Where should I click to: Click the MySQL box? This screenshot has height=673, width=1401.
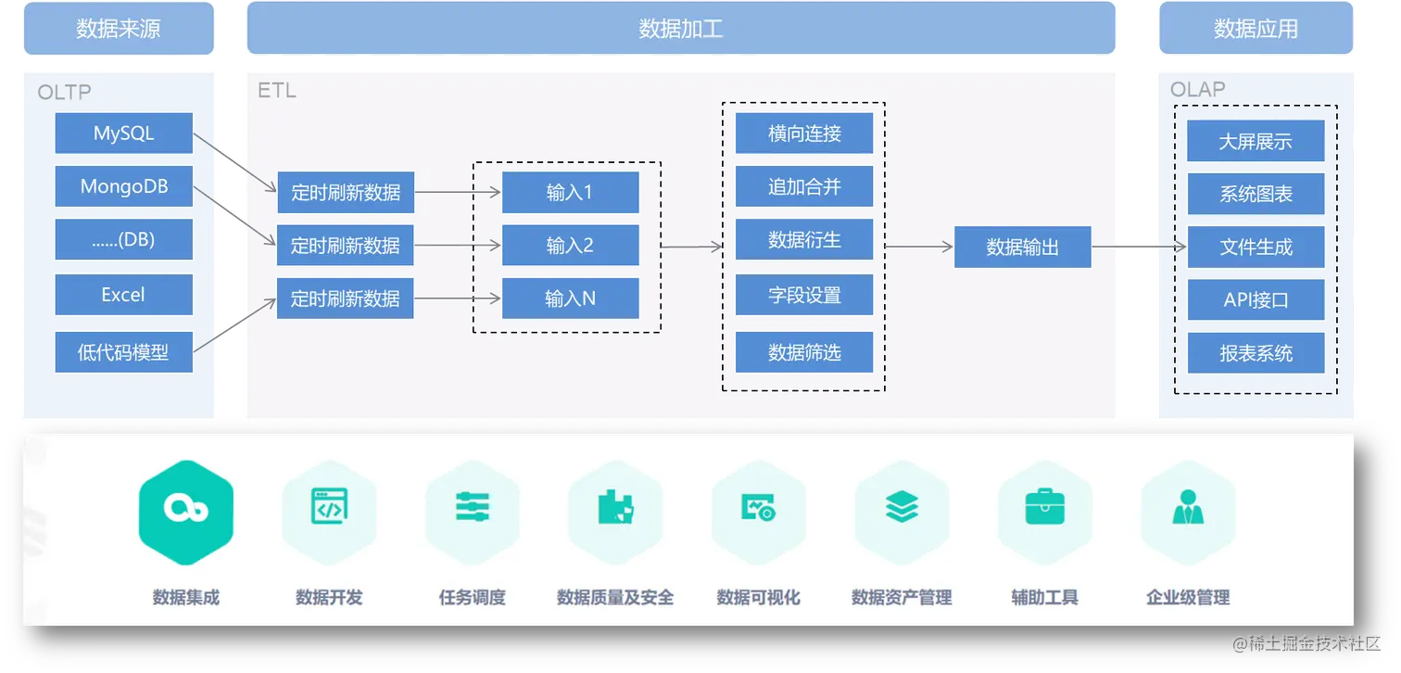[x=123, y=133]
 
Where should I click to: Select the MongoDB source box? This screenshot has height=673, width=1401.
[x=123, y=186]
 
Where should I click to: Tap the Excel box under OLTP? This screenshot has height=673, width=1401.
[x=123, y=295]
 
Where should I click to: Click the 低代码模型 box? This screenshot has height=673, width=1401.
[x=123, y=352]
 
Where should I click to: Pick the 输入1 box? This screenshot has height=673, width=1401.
[x=570, y=193]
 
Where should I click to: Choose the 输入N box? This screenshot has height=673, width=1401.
[x=570, y=298]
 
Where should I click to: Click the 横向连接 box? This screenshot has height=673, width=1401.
[x=803, y=133]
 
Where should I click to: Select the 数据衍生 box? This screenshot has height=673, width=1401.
[x=803, y=241]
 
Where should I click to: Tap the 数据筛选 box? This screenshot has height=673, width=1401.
[x=803, y=352]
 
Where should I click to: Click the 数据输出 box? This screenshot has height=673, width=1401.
[x=1022, y=248]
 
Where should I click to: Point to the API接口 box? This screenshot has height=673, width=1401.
[x=1256, y=300]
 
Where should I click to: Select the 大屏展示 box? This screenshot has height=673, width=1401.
[x=1256, y=142]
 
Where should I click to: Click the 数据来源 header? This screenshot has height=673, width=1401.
[x=118, y=29]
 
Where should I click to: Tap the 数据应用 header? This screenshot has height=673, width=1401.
[x=1256, y=29]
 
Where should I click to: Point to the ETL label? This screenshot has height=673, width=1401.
[x=276, y=91]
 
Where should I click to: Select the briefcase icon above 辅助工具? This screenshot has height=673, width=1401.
[x=1044, y=507]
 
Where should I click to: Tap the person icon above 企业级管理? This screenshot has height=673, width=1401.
[x=1188, y=507]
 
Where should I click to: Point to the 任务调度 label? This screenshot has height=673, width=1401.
[x=473, y=598]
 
